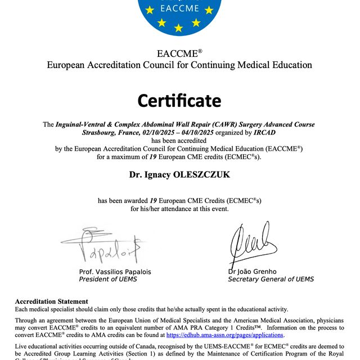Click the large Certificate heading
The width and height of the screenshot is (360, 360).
click(x=179, y=101)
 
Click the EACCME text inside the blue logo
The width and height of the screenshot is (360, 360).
click(x=179, y=9)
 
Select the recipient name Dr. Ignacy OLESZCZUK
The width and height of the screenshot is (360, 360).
click(x=179, y=175)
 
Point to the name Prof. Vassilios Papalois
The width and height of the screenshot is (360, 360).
click(x=115, y=272)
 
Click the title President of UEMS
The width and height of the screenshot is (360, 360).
click(x=107, y=279)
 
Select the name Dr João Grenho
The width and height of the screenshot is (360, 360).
click(x=253, y=272)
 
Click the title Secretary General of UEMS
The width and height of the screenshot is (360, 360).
click(x=271, y=279)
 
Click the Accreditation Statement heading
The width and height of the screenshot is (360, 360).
click(x=51, y=301)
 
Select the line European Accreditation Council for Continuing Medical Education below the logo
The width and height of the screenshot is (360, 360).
click(x=179, y=65)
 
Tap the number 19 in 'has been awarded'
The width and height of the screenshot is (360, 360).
click(x=153, y=200)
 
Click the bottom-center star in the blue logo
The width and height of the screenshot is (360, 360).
click(x=179, y=28)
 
